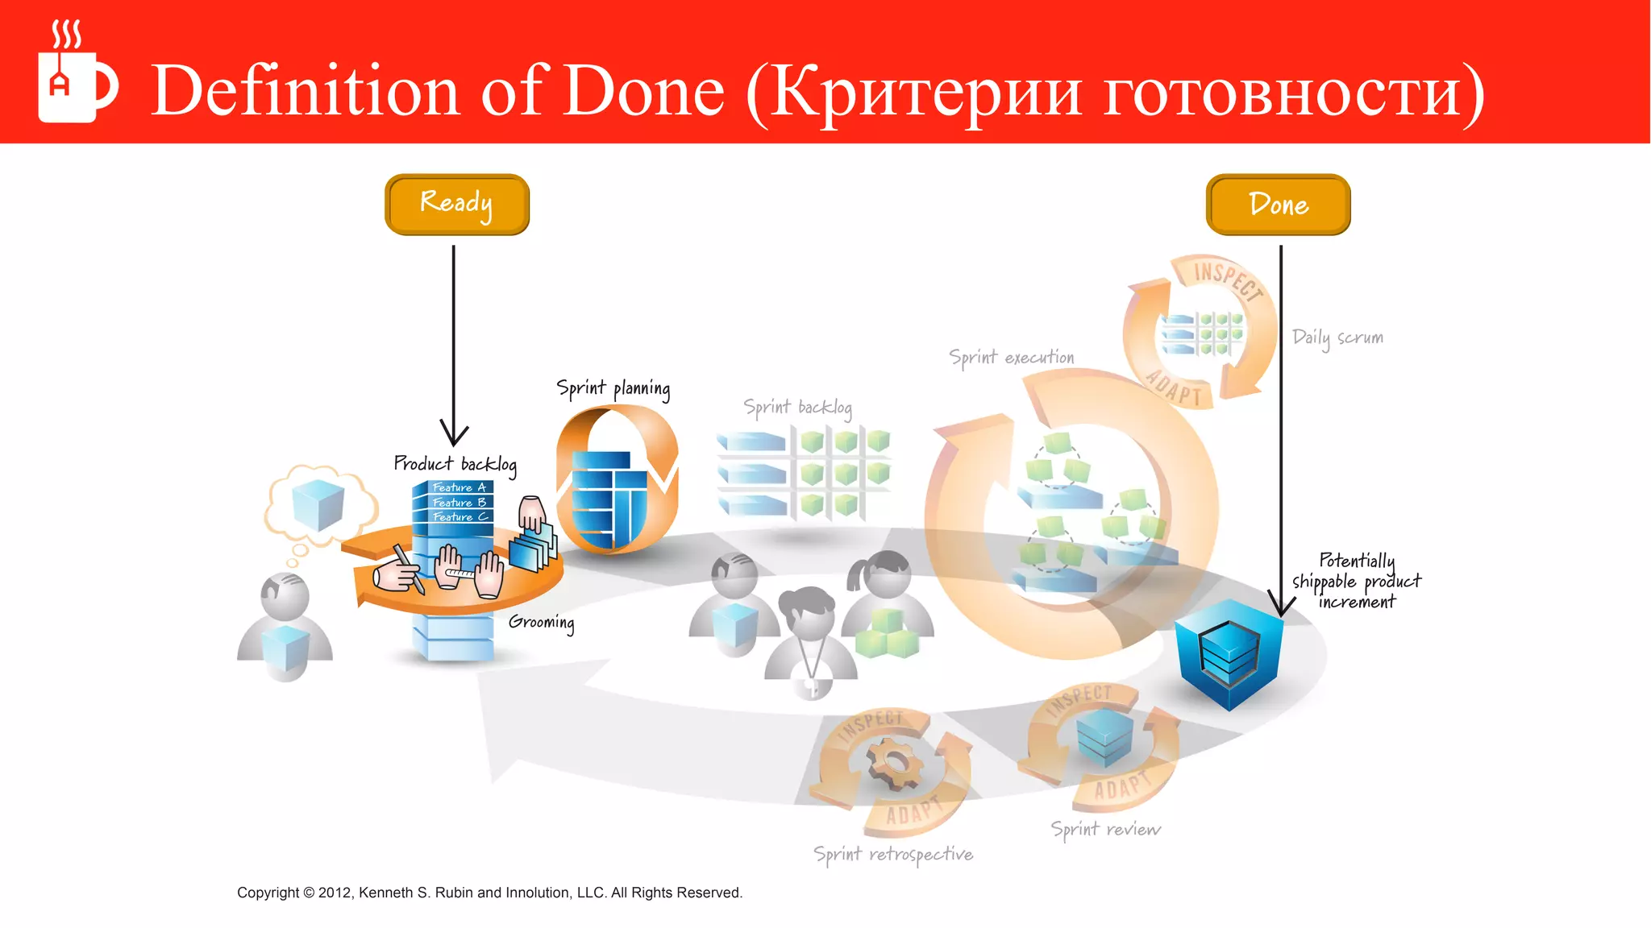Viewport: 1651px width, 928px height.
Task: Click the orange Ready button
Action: [457, 205]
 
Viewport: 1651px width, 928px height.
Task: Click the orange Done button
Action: [1278, 205]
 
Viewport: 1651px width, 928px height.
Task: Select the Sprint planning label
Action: [613, 389]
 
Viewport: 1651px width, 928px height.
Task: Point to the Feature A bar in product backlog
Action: [457, 487]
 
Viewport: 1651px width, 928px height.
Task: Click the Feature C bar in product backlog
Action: [457, 517]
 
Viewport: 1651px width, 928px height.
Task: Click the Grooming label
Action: [541, 623]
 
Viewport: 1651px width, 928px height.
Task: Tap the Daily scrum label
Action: [1337, 338]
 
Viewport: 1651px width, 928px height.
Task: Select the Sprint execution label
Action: [1011, 358]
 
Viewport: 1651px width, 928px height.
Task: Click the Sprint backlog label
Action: [796, 408]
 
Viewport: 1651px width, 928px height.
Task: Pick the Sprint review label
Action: [1105, 830]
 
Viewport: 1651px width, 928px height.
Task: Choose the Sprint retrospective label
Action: [892, 855]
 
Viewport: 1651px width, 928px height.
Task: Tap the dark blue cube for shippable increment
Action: [1228, 653]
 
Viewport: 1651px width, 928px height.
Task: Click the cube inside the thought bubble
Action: [318, 503]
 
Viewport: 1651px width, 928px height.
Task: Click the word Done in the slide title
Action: [643, 91]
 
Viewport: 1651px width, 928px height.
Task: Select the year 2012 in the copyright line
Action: [335, 893]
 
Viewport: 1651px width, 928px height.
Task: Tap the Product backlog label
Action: [454, 464]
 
